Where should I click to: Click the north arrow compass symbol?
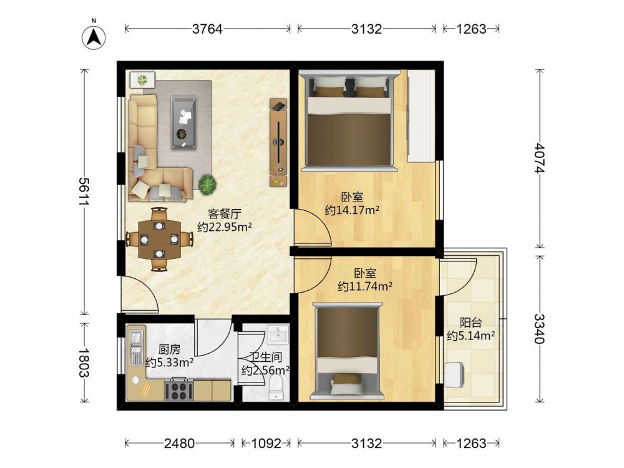(x=94, y=37)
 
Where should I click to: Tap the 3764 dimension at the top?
(x=207, y=29)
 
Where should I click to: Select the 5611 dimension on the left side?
(x=84, y=192)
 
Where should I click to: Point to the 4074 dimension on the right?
(x=540, y=158)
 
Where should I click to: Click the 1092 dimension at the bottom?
(x=266, y=443)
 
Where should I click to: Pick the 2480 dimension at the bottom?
(x=180, y=443)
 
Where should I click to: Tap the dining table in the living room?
(x=159, y=240)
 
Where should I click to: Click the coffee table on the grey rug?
(x=184, y=123)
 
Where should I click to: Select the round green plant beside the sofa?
(x=208, y=185)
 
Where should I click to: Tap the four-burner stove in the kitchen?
(x=179, y=389)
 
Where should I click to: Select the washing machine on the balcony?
(x=454, y=374)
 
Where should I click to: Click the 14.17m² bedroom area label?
(x=352, y=210)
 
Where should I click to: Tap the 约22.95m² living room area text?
(x=225, y=227)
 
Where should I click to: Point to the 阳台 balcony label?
(x=471, y=323)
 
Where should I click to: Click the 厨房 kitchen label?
(x=170, y=350)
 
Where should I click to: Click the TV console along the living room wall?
(x=278, y=142)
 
